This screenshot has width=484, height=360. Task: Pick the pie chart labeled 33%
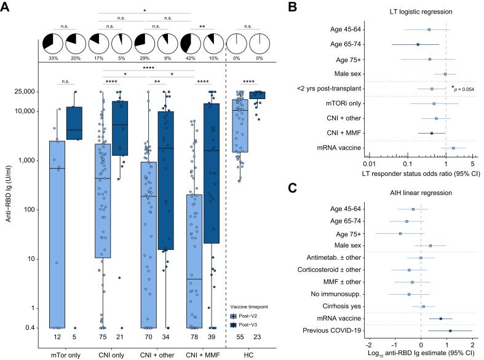point(53,44)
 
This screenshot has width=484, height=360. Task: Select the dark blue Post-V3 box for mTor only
point(74,123)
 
